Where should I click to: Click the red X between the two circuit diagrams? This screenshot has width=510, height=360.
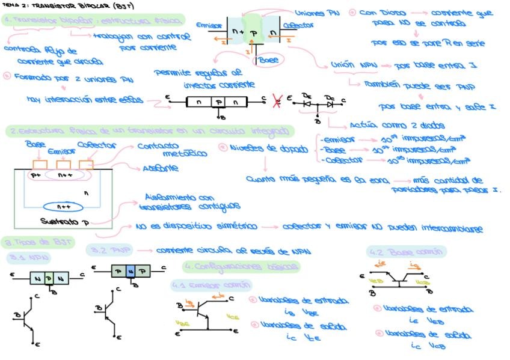point(277,100)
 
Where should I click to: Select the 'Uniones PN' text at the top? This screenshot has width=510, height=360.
point(318,13)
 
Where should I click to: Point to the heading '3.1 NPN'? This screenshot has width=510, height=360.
point(29,257)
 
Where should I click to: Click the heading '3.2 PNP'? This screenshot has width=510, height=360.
point(109,249)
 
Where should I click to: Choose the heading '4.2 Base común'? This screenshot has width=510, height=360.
point(406,251)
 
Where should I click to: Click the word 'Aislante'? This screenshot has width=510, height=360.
point(161,169)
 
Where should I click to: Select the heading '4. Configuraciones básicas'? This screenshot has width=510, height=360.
point(241,266)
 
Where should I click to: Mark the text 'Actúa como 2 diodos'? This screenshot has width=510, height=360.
point(397,126)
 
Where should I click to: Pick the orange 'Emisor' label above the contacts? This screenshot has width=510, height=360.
point(60,152)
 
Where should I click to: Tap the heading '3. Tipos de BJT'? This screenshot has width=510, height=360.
point(37,242)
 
